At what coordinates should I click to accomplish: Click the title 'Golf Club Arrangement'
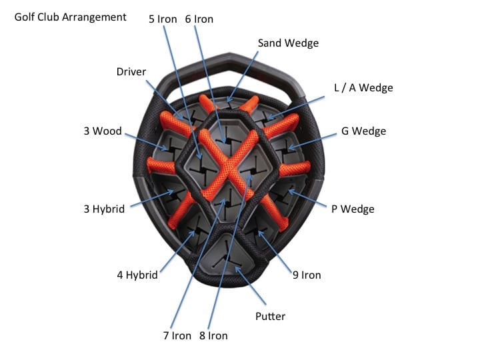click(x=70, y=17)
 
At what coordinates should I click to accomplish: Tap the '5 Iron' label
click(x=163, y=19)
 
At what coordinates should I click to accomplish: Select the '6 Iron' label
click(x=199, y=19)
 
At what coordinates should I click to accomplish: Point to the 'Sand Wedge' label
click(x=288, y=43)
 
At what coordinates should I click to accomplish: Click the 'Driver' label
click(x=131, y=71)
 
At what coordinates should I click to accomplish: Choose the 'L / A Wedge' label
click(x=363, y=88)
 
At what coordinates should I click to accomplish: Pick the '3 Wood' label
click(x=103, y=131)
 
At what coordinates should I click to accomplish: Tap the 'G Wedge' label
click(x=363, y=131)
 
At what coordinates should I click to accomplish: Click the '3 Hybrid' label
click(x=104, y=209)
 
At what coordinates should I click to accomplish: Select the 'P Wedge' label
click(x=353, y=209)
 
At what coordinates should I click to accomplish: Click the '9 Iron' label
click(x=307, y=275)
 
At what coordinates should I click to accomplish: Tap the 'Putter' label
click(x=271, y=316)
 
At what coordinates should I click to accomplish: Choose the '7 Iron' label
click(x=177, y=335)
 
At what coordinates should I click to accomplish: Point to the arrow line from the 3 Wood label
click(x=143, y=138)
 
